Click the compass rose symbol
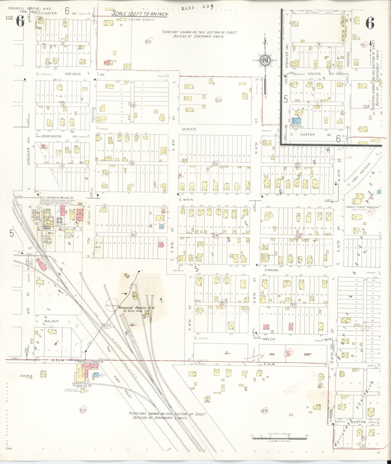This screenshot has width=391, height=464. click(265, 60)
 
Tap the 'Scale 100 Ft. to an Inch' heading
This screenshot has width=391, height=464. click(140, 14)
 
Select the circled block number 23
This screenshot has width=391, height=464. click(218, 100)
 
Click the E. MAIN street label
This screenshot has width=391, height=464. click(186, 200)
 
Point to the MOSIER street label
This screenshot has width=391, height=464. click(189, 129)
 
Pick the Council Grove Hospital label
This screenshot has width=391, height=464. click(362, 207)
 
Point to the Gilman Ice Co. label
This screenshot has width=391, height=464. click(82, 385)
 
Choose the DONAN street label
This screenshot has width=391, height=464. click(271, 270)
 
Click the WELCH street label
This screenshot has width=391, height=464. click(269, 339)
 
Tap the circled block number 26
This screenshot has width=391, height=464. click(264, 411)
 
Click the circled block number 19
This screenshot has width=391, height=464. click(132, 163)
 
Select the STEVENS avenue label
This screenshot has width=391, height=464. click(73, 74)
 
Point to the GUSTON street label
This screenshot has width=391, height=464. click(358, 422)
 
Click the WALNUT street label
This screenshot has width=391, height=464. click(51, 321)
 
